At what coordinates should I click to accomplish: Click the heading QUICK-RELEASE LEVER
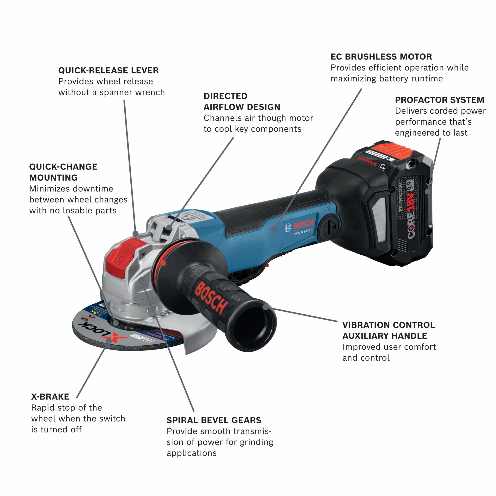(x=108, y=70)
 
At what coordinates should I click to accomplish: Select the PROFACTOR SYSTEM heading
(x=439, y=100)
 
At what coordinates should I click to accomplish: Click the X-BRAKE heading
(x=50, y=397)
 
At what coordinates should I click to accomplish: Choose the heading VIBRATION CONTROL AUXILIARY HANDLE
(x=388, y=330)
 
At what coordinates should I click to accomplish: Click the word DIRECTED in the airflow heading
(x=225, y=96)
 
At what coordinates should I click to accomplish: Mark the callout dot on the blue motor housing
(x=274, y=229)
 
